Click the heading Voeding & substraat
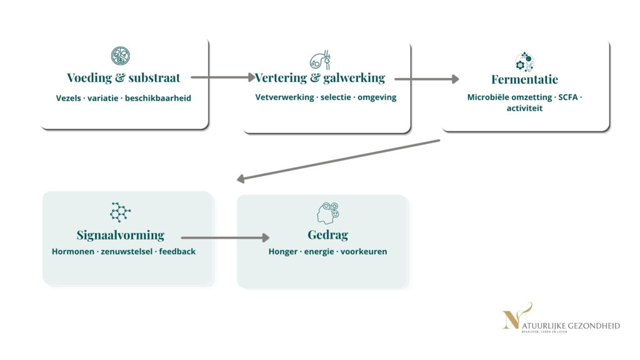point(124,78)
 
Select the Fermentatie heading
point(524,80)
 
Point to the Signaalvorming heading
point(121,235)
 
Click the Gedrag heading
point(327,235)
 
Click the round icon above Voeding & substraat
point(120,56)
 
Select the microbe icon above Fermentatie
point(524,62)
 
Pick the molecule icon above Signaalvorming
point(119,212)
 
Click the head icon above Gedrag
point(327,213)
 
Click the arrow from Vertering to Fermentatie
point(426,79)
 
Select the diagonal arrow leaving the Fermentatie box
point(338,160)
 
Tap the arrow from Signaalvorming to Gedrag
point(225,237)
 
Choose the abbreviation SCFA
point(569,97)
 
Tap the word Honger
point(283,252)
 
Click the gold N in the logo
point(512,319)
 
